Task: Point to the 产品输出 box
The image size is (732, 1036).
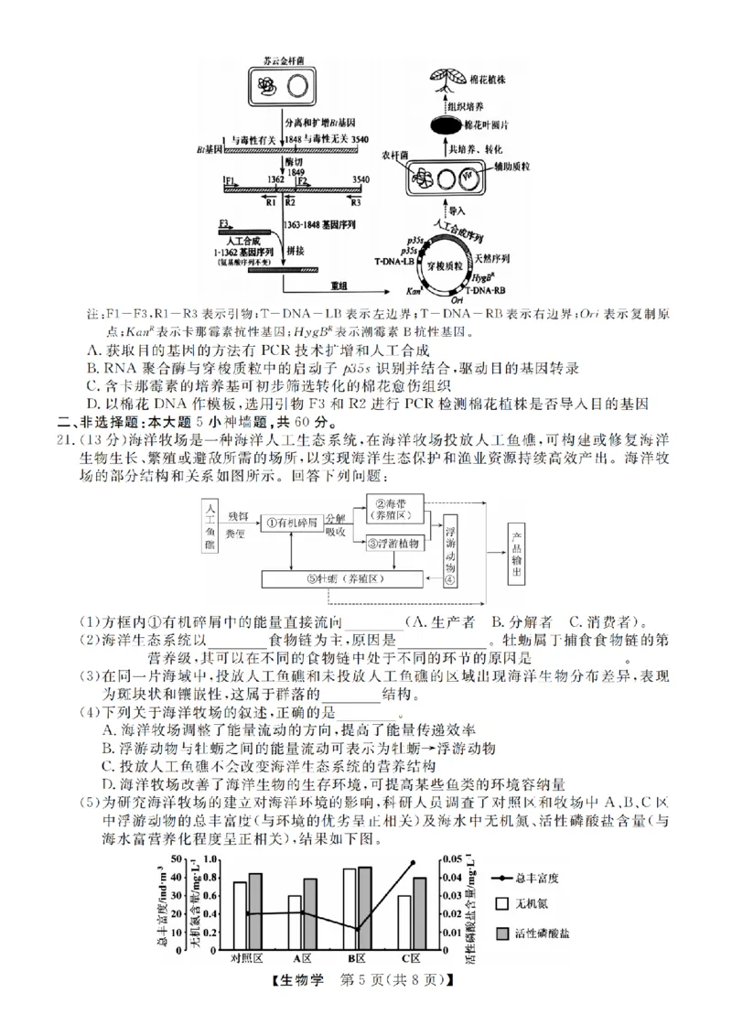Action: [518, 547]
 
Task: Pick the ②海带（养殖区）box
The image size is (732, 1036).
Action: [397, 509]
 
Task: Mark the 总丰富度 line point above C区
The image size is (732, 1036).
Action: [413, 862]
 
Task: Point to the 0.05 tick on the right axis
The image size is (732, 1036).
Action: [451, 859]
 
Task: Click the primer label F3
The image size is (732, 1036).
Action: [224, 223]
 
